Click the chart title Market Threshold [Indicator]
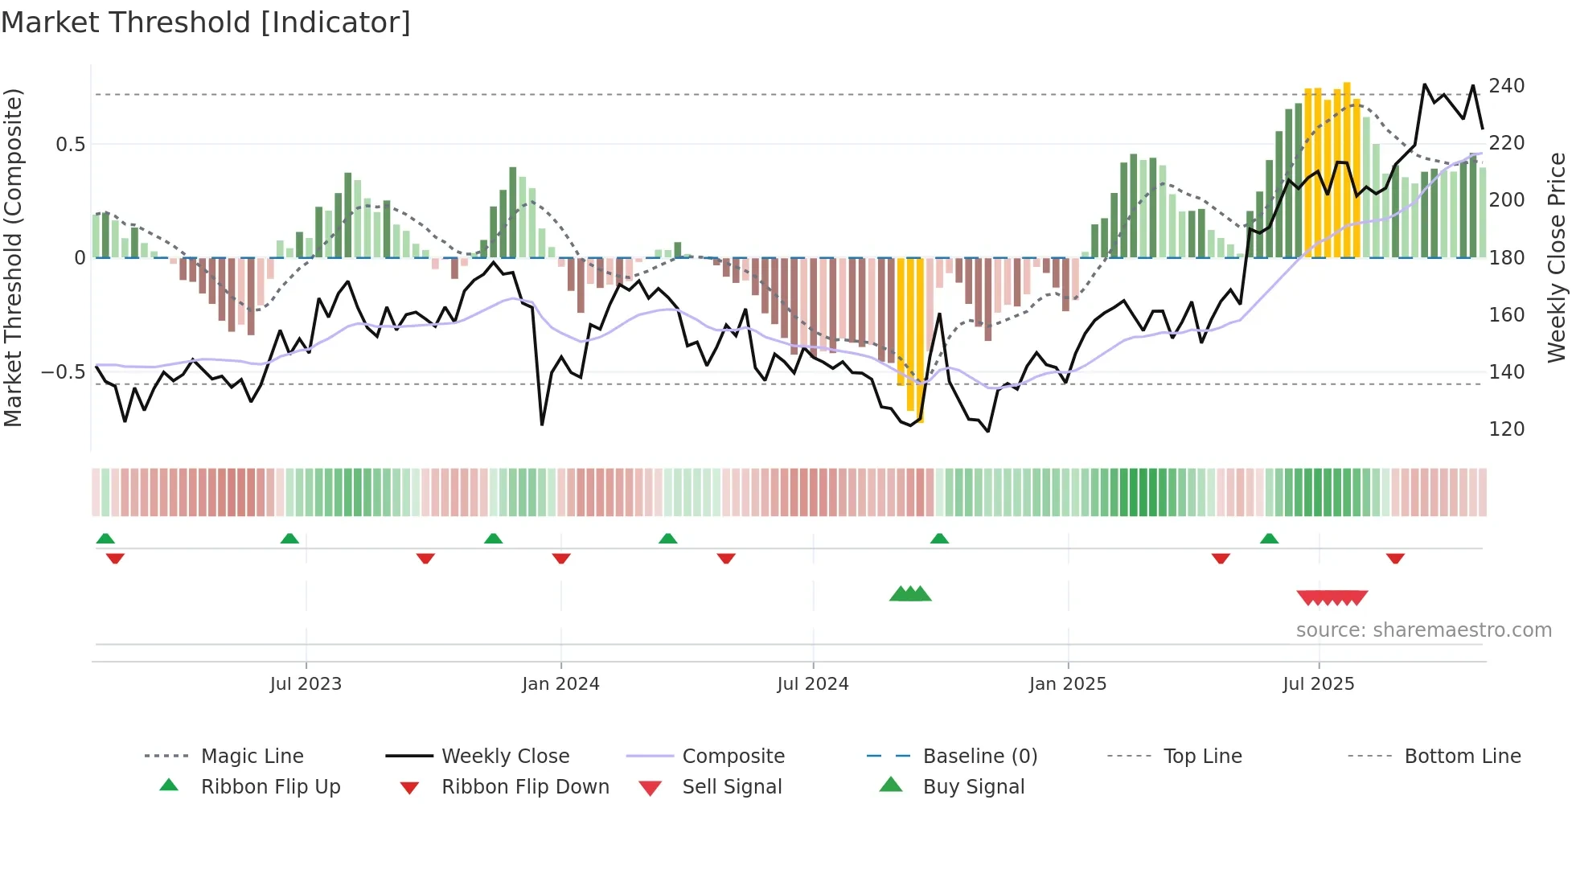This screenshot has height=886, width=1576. tap(206, 23)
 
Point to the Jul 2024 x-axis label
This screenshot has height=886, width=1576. tap(812, 684)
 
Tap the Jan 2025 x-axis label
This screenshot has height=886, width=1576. tap(1067, 684)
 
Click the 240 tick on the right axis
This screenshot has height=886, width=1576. tap(1506, 86)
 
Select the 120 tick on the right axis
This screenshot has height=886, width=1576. tap(1506, 429)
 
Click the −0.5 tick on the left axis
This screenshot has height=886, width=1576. tap(63, 372)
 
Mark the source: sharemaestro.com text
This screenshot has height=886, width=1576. tap(1423, 630)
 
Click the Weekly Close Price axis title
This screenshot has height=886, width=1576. tap(1557, 257)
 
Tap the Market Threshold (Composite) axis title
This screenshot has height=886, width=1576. tap(13, 257)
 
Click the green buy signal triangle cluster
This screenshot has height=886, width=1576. tap(910, 594)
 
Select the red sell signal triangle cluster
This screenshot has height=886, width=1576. tap(1332, 597)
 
